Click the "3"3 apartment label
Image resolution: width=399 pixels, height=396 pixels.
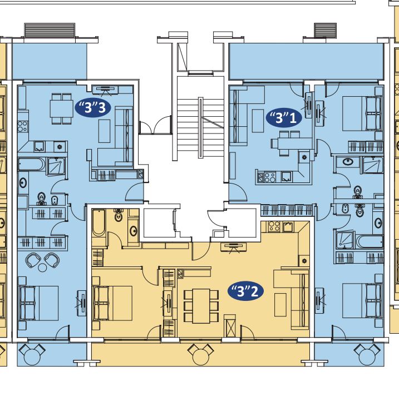(x=93, y=108)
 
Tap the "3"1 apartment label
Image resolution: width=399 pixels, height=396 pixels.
(x=284, y=118)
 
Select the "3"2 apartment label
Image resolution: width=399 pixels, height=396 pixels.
(x=246, y=291)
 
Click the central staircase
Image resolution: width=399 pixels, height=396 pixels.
(x=200, y=127)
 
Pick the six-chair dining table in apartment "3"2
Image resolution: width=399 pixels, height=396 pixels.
(x=201, y=306)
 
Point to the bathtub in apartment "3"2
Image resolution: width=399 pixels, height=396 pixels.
(x=98, y=223)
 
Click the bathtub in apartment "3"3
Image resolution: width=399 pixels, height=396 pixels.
(x=32, y=164)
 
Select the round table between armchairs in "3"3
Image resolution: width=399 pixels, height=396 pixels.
(x=42, y=268)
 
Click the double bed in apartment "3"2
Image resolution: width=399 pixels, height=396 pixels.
(x=112, y=303)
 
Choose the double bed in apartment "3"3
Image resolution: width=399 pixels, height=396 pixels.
(x=39, y=303)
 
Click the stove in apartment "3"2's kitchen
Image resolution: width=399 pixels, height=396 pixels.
(x=274, y=226)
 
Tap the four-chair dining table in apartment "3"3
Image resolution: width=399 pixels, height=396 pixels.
(x=62, y=108)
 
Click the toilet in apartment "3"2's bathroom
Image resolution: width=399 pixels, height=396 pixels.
(x=119, y=215)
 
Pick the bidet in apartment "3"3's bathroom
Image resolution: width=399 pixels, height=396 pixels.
(x=55, y=200)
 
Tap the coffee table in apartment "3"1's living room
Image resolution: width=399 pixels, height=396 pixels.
(x=258, y=121)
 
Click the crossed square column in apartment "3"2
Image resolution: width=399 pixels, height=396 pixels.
(x=230, y=326)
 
